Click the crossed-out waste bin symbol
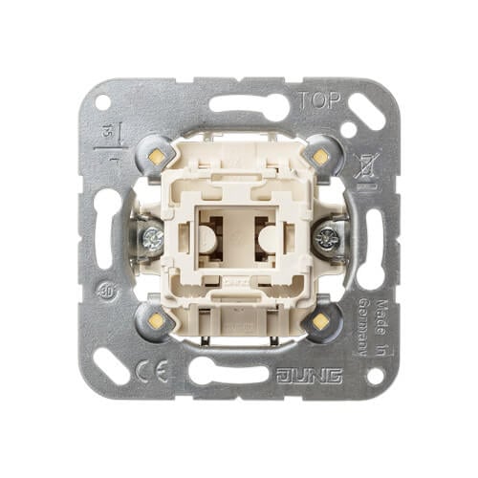pyautogui.click(x=363, y=165)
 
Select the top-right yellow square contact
pyautogui.click(x=318, y=152)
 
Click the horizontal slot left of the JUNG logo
pyautogui.click(x=227, y=371)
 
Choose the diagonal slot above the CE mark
pyautogui.click(x=111, y=362)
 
